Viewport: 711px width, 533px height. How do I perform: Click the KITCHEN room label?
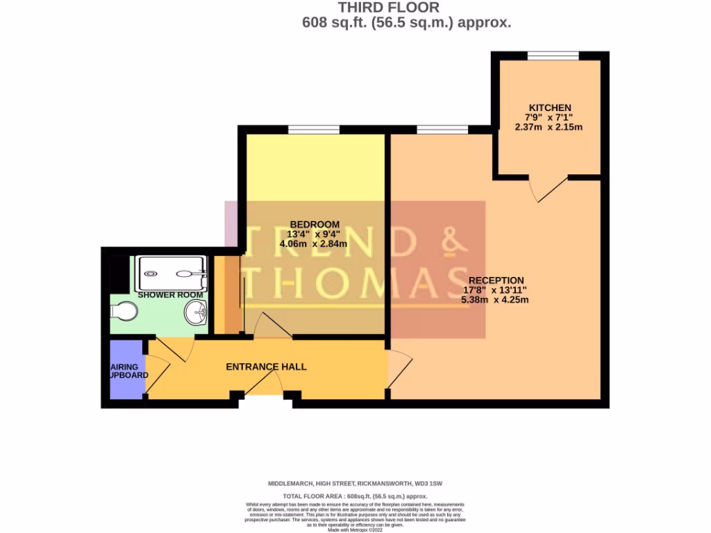coord(550,108)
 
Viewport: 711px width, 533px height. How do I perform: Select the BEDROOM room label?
coord(314,224)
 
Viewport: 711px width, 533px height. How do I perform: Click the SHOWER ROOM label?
coord(170,295)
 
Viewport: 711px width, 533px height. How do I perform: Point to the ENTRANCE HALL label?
coord(266,366)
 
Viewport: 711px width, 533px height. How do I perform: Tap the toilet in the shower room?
coord(123,312)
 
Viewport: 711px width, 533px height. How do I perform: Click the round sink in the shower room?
coord(196,314)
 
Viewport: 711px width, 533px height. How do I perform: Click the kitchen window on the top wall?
coord(553,56)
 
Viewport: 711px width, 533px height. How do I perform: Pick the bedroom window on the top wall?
coord(314,129)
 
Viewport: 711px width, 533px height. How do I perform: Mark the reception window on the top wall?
coord(442,129)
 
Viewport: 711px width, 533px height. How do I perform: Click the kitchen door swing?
coord(551,189)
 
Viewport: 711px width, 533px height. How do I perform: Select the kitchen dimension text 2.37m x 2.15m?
coord(548,127)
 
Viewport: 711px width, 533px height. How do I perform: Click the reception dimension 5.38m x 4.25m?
coord(496,300)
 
